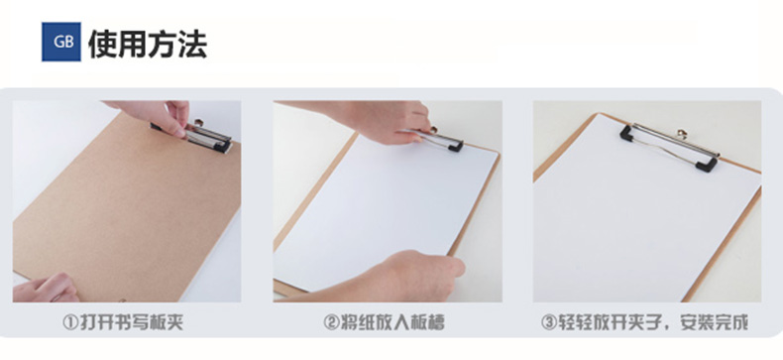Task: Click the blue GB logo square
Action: coord(60,42)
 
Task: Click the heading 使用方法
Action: coord(148,44)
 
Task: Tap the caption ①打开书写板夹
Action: coord(123,322)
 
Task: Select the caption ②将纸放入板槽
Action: coord(384,322)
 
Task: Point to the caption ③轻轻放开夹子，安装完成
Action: coord(644,322)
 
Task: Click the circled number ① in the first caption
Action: coord(70,322)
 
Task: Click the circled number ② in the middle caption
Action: coord(331,322)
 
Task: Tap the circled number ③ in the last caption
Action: coord(549,322)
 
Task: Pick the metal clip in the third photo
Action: coord(670,146)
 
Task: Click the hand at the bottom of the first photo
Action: coord(46,289)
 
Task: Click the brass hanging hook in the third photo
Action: coord(682,134)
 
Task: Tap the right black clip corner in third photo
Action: coord(707,164)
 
